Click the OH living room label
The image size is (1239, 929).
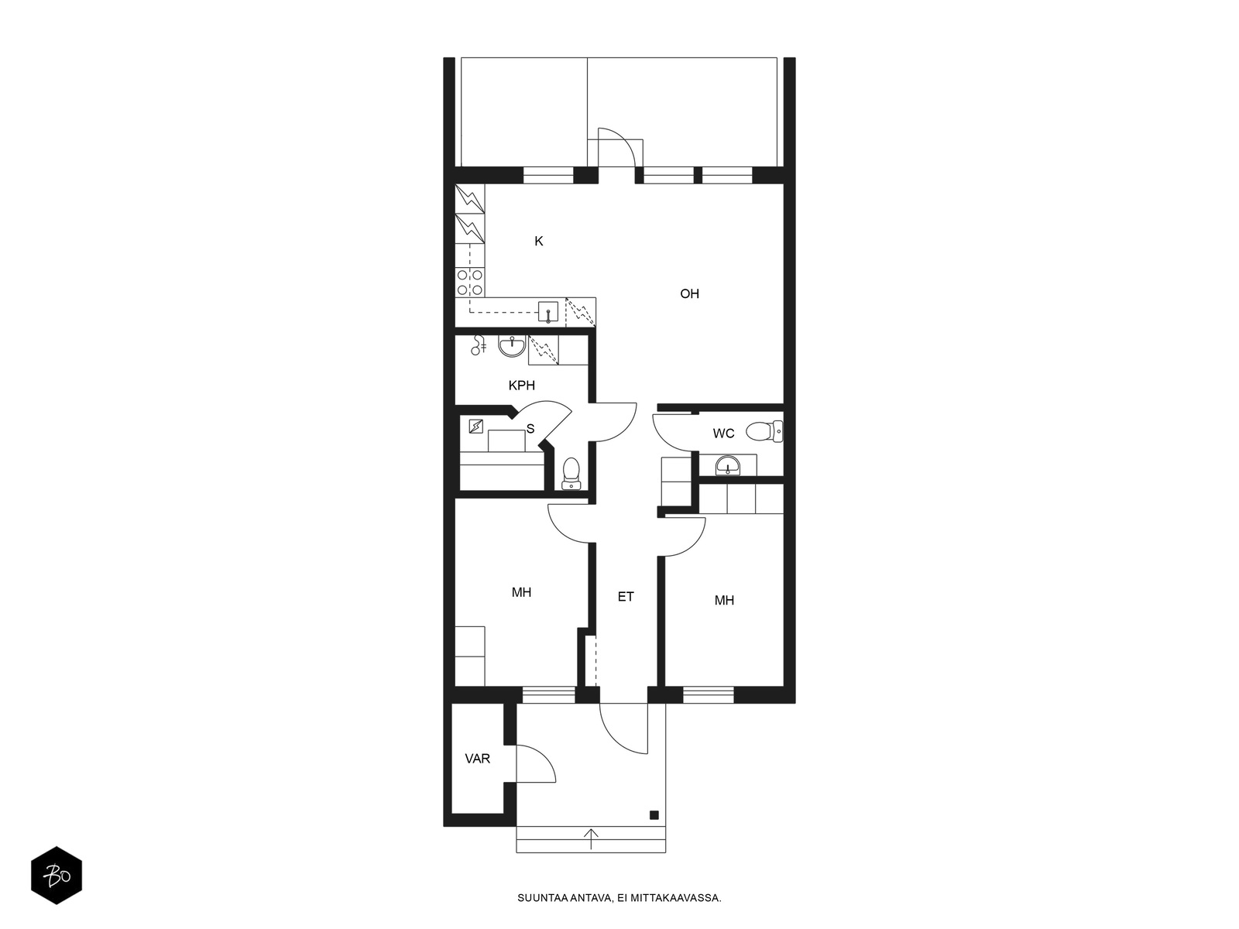pos(689,293)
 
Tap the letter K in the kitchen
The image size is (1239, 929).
pos(538,242)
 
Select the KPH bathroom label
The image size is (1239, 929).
pos(522,386)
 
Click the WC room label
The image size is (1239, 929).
pos(723,434)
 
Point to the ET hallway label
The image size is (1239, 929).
pos(626,596)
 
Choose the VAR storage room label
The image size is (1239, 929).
pos(478,759)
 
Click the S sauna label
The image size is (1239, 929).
pos(530,429)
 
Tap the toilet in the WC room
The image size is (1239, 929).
pos(764,432)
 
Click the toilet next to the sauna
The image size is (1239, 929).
pos(571,473)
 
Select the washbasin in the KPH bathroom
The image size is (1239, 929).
pos(512,346)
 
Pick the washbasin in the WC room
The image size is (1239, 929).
pos(728,466)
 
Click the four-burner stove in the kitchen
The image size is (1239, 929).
pos(469,283)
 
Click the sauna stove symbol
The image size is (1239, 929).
pos(475,426)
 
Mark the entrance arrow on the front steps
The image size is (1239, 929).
pos(591,838)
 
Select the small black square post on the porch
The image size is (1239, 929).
pos(654,814)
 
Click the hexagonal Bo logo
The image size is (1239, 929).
pos(57,876)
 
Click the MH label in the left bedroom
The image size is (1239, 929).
pos(521,592)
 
